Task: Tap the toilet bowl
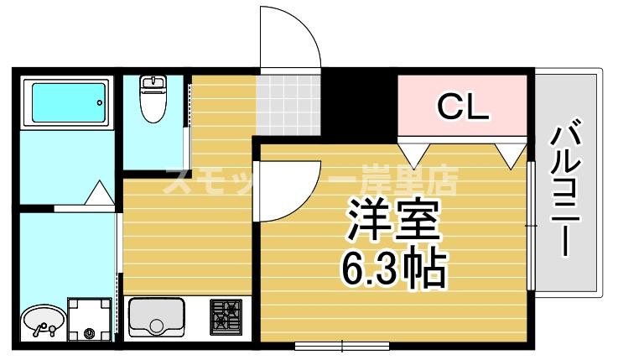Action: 153,100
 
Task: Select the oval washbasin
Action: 41,320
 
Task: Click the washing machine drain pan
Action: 90,318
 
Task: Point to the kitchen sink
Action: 157,317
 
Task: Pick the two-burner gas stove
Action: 225,318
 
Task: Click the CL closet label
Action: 461,107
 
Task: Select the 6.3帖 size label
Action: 392,267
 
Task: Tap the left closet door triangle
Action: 413,152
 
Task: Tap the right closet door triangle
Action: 510,152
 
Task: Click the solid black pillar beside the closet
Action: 359,105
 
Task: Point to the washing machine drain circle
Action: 90,332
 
